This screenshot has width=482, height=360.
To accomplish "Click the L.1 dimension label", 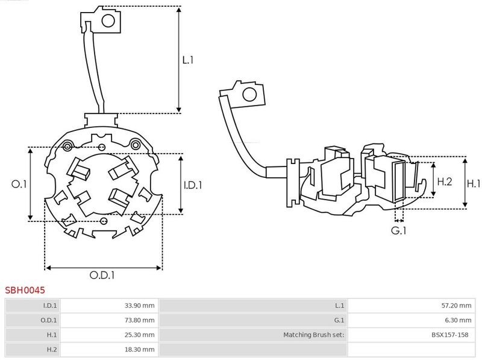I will (x=188, y=60).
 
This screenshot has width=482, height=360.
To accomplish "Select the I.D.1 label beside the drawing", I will (x=192, y=185).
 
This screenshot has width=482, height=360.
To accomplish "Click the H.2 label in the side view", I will (x=445, y=181).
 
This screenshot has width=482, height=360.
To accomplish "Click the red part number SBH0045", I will (x=25, y=290).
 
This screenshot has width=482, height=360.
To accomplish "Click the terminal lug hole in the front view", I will (x=108, y=22).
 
